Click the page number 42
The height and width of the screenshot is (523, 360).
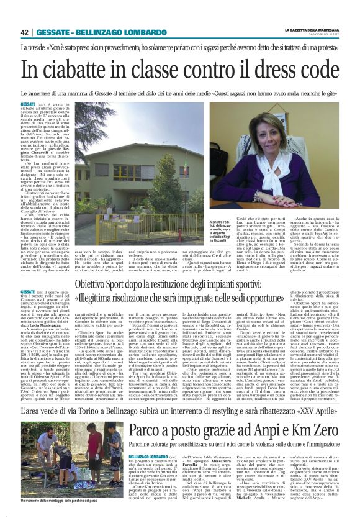tap(25, 32)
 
